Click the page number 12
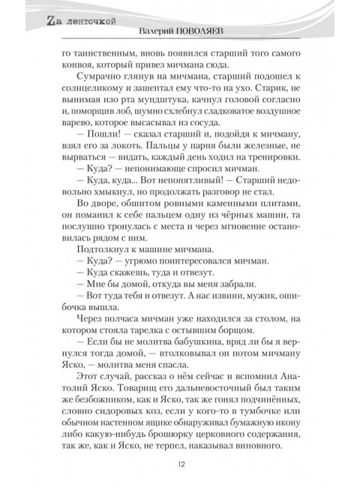pos(181,463)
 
